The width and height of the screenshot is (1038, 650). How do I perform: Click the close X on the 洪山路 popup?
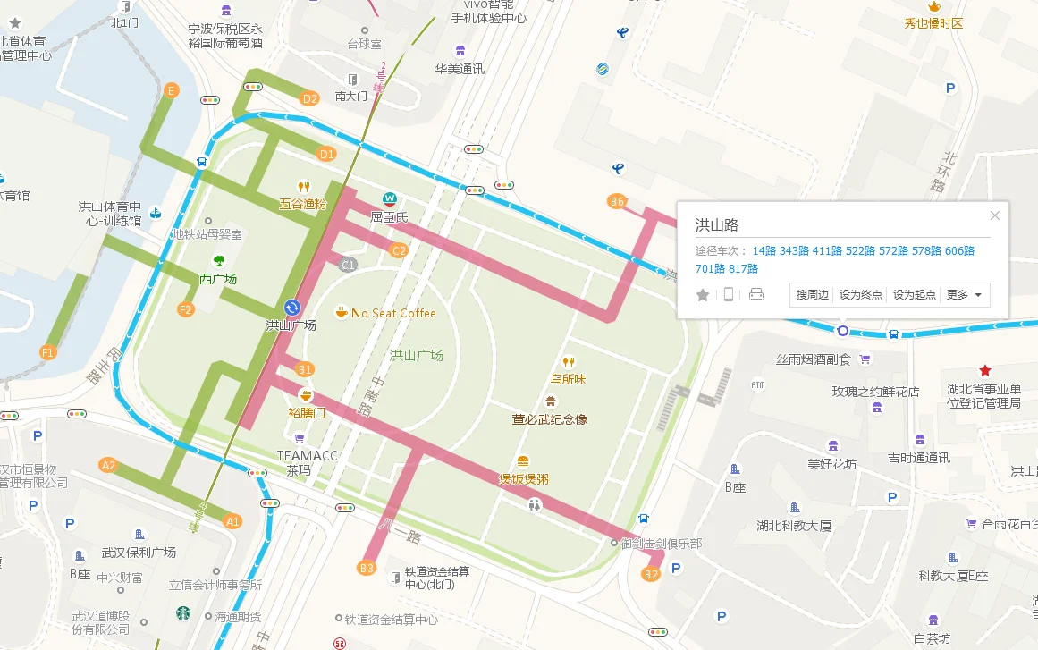(x=995, y=215)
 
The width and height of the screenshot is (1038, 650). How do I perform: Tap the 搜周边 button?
(x=813, y=295)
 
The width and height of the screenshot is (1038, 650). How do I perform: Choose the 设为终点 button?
(x=861, y=295)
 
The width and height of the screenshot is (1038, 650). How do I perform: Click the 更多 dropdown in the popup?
(x=965, y=295)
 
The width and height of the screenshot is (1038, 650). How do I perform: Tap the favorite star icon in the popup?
(x=703, y=295)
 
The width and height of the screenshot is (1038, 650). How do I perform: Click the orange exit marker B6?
(x=617, y=202)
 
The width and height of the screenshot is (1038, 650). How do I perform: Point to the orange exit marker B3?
(x=367, y=568)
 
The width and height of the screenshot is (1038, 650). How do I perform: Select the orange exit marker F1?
(x=48, y=353)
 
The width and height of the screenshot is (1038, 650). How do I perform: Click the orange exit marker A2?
(x=109, y=465)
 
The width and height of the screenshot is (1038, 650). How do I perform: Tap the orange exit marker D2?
(x=310, y=99)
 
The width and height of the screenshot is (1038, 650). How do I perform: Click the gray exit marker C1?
(x=349, y=265)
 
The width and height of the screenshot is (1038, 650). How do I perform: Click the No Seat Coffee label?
(x=392, y=313)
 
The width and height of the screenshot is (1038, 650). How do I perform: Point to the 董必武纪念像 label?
(x=549, y=418)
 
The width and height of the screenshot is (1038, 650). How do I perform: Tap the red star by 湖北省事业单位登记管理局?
(x=985, y=370)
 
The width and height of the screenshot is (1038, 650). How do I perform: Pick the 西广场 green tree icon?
(x=218, y=260)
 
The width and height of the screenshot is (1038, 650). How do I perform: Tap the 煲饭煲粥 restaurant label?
(x=523, y=479)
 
